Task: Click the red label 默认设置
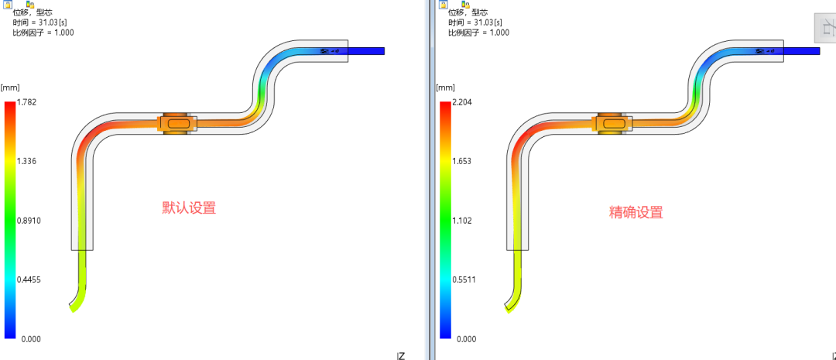[190, 208]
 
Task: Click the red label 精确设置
[636, 213]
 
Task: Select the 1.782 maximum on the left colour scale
[27, 102]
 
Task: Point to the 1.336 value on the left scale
[27, 162]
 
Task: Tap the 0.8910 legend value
[29, 221]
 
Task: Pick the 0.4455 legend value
[29, 280]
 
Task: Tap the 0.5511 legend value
[464, 280]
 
